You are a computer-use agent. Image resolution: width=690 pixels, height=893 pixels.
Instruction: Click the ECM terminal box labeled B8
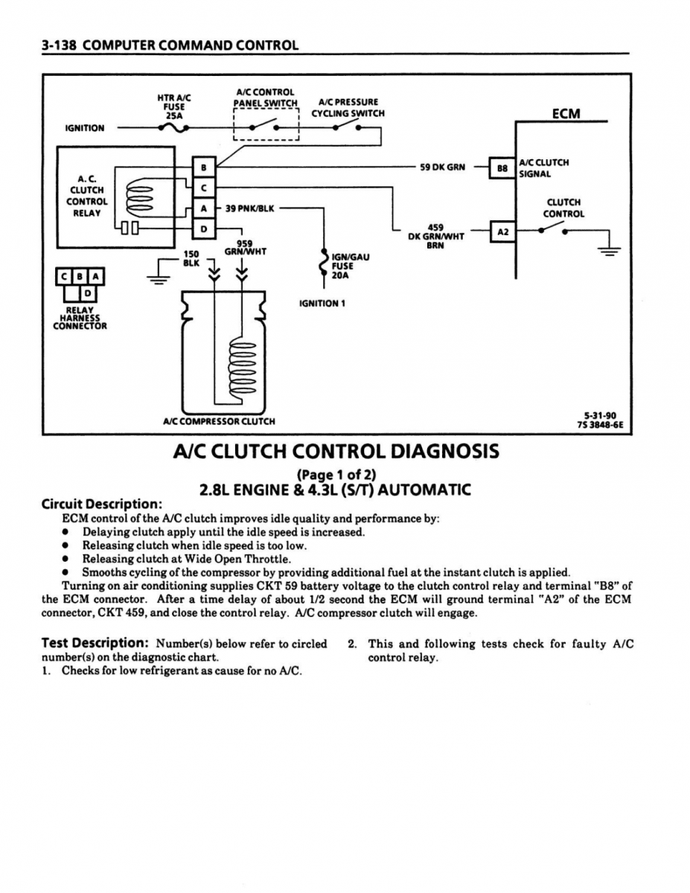pos(502,168)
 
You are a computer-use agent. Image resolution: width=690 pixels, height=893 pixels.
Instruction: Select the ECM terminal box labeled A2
pos(502,231)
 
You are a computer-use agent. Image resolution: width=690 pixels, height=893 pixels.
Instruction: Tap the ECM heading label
pos(566,114)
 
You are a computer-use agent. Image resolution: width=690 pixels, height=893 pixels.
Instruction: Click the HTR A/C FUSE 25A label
pos(174,106)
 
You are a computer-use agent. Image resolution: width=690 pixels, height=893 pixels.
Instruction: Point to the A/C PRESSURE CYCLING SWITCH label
pos(348,108)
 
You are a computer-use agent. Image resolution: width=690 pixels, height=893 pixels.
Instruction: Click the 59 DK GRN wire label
pos(442,167)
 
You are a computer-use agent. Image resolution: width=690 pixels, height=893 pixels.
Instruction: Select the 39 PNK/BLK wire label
pos(250,208)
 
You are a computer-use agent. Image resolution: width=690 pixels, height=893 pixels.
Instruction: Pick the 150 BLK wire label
pos(192,257)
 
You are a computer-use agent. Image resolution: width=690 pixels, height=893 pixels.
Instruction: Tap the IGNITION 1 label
pos(322,304)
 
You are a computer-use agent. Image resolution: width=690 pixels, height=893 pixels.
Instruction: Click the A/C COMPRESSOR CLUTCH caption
pos(219,421)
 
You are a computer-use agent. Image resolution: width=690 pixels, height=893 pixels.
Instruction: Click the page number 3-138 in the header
pos(59,45)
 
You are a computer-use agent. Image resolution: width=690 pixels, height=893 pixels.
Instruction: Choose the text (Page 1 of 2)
pos(336,474)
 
